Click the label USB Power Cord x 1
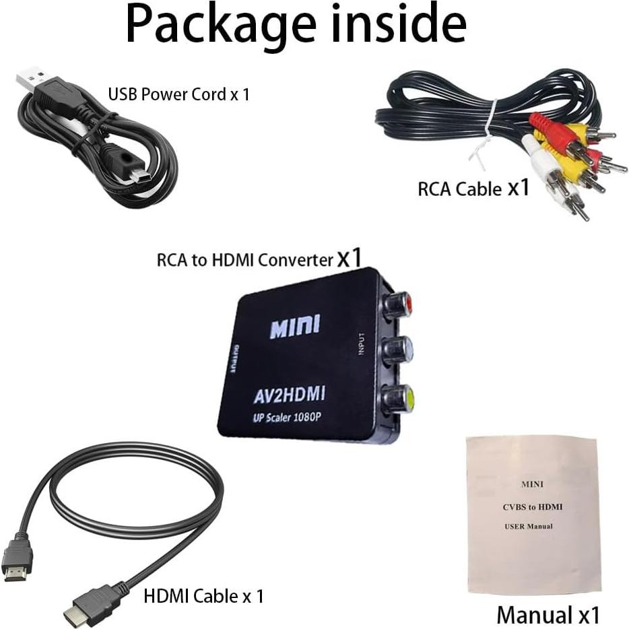point(178,94)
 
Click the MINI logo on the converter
point(295,327)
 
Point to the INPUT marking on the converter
point(362,343)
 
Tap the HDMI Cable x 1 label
point(203,595)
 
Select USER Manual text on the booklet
point(529,526)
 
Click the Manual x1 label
point(548,614)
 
